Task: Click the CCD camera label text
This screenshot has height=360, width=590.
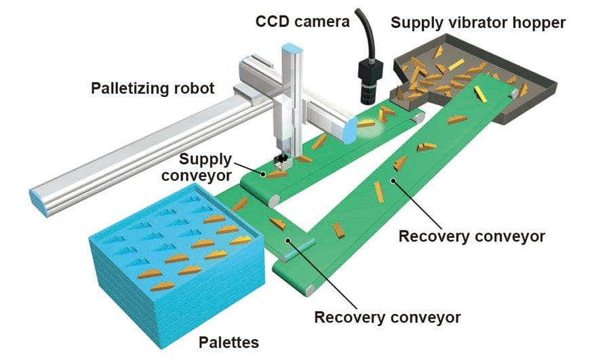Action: pos(302,22)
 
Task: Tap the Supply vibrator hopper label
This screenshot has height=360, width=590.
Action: pos(478,22)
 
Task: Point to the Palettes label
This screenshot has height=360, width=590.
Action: pos(227,342)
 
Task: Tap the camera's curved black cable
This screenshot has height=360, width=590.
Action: pos(372,31)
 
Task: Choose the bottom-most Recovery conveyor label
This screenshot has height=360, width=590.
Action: pos(387,317)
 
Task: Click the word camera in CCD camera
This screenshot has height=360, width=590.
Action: pos(322,22)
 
